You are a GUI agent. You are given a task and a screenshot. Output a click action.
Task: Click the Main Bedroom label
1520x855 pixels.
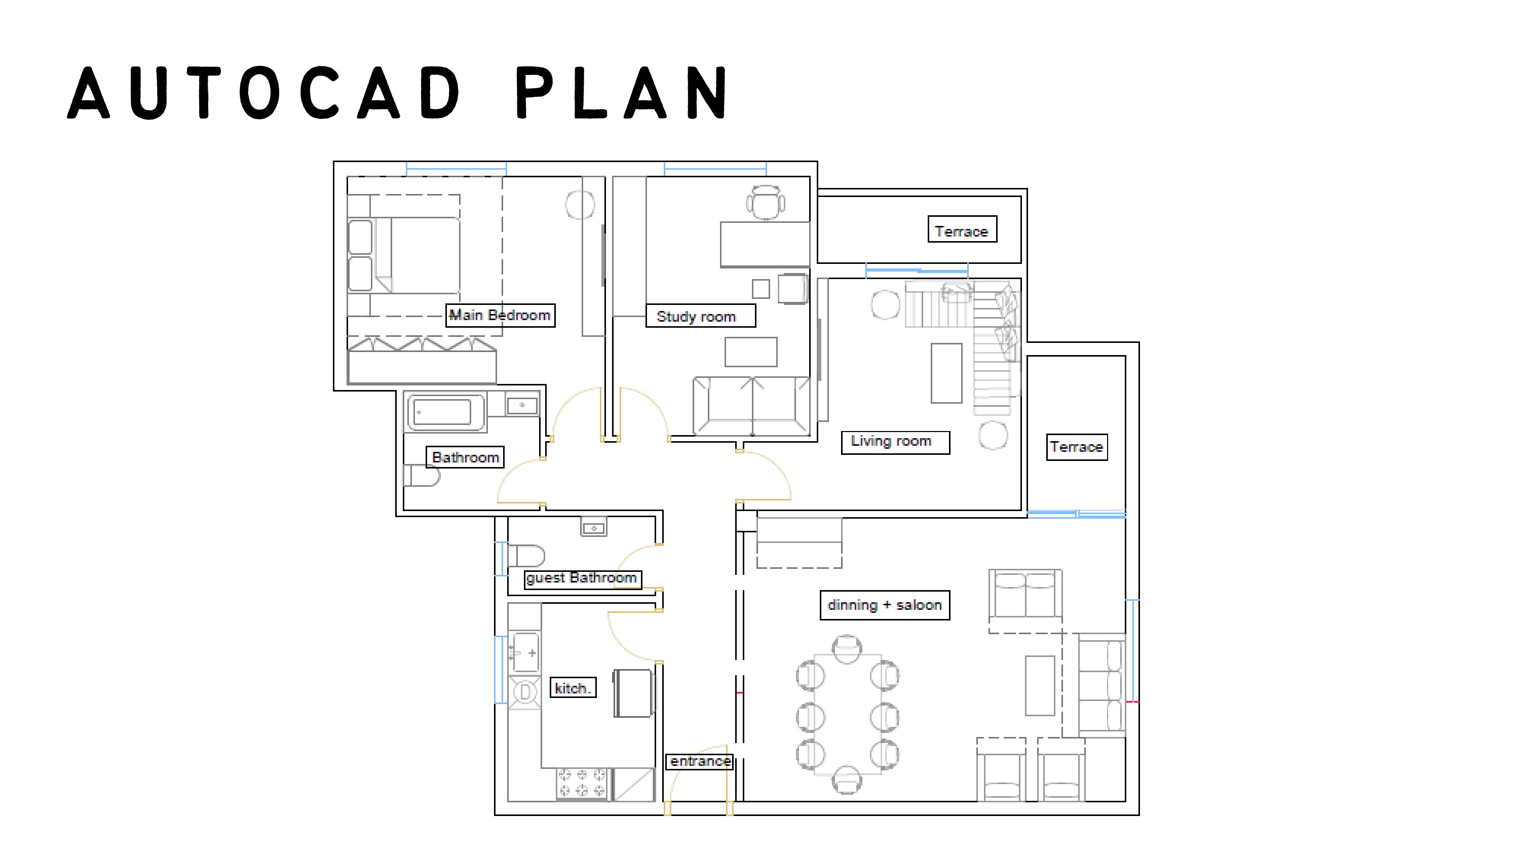[x=500, y=315]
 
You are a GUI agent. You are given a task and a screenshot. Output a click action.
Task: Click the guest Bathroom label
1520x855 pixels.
[x=582, y=578]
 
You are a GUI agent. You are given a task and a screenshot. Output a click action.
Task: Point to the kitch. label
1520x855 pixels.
[x=573, y=688]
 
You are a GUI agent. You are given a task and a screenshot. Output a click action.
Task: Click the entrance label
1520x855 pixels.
[x=700, y=762]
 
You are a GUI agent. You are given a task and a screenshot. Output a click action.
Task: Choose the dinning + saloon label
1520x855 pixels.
[x=884, y=605]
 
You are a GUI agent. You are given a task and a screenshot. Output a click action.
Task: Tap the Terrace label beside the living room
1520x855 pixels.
[x=1076, y=447]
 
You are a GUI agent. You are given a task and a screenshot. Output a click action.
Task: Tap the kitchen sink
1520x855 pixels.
[x=525, y=652]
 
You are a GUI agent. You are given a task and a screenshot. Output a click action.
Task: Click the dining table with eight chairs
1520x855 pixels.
[x=847, y=714]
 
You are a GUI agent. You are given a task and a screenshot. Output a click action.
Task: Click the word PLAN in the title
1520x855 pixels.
[x=623, y=93]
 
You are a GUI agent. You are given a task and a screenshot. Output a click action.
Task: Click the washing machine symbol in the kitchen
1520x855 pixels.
[x=524, y=692]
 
